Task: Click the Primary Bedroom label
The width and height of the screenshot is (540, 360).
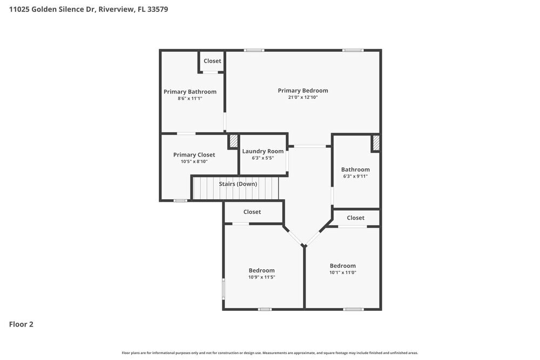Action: (303, 91)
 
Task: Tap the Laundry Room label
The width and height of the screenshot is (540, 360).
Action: (262, 151)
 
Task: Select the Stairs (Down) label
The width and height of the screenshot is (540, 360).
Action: (238, 184)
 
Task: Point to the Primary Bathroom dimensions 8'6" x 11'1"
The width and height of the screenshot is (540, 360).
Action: (190, 99)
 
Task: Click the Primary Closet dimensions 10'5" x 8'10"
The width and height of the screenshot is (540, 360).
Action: (194, 161)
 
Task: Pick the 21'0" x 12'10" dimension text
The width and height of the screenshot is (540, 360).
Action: (303, 98)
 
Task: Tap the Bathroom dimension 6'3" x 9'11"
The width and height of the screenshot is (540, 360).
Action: (355, 176)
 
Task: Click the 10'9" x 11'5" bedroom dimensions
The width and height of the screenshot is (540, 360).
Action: (261, 277)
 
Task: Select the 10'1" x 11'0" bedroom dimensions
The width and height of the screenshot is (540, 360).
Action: (343, 273)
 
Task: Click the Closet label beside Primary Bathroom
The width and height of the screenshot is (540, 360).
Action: (212, 61)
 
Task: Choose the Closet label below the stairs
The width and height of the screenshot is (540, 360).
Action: (252, 212)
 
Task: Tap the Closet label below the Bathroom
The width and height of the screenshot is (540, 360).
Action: (355, 218)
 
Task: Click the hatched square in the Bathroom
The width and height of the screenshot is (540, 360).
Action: (376, 143)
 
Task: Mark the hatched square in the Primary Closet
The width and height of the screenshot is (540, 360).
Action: (233, 141)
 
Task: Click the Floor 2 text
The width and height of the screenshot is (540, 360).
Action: (21, 324)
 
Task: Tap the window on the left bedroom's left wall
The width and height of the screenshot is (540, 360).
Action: (224, 288)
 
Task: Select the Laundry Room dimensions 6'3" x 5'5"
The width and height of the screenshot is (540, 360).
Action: (262, 158)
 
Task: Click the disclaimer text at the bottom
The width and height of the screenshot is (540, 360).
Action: (270, 352)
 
